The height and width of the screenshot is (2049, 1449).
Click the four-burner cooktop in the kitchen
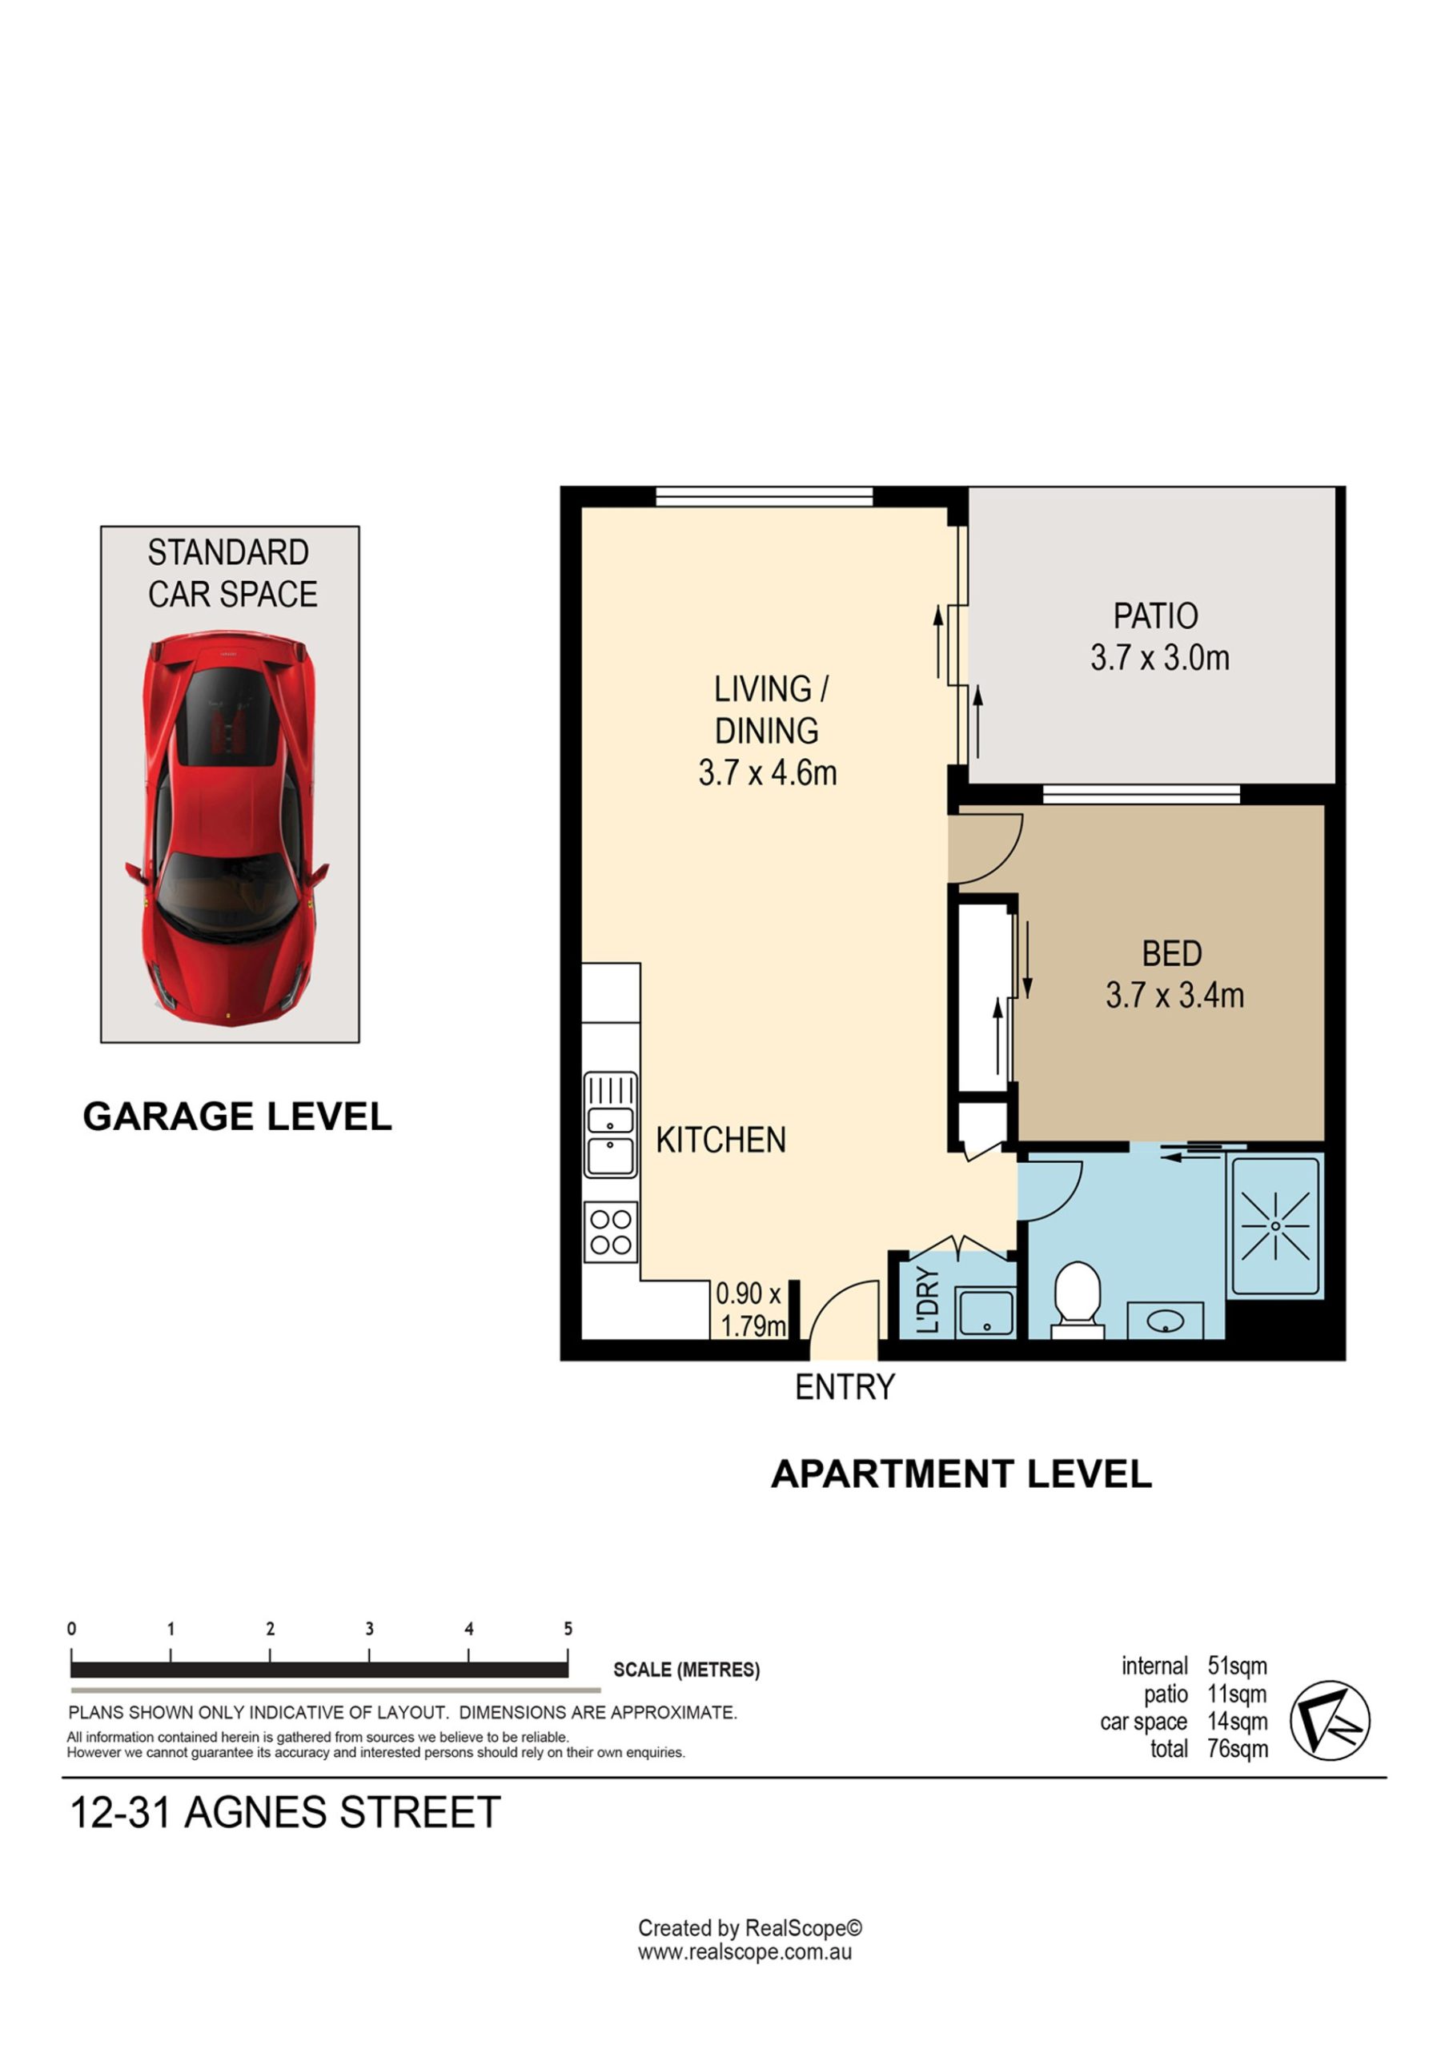pyautogui.click(x=611, y=1232)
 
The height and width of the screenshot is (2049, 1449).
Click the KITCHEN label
pyautogui.click(x=720, y=1140)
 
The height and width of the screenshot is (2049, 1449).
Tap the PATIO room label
pyautogui.click(x=1155, y=616)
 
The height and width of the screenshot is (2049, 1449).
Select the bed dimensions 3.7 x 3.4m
pyautogui.click(x=1175, y=995)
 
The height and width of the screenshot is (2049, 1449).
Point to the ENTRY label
pyautogui.click(x=845, y=1387)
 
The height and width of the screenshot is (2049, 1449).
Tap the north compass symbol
pyautogui.click(x=1330, y=1720)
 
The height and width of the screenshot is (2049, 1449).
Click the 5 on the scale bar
pyautogui.click(x=568, y=1629)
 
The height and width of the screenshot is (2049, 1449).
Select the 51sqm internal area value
pyautogui.click(x=1238, y=1666)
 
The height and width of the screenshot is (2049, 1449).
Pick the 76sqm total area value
pyautogui.click(x=1238, y=1748)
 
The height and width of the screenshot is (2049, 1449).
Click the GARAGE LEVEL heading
pyautogui.click(x=238, y=1117)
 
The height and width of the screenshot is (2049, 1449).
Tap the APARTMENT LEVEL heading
pyautogui.click(x=961, y=1474)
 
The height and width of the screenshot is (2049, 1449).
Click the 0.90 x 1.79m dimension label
pyautogui.click(x=750, y=1309)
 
